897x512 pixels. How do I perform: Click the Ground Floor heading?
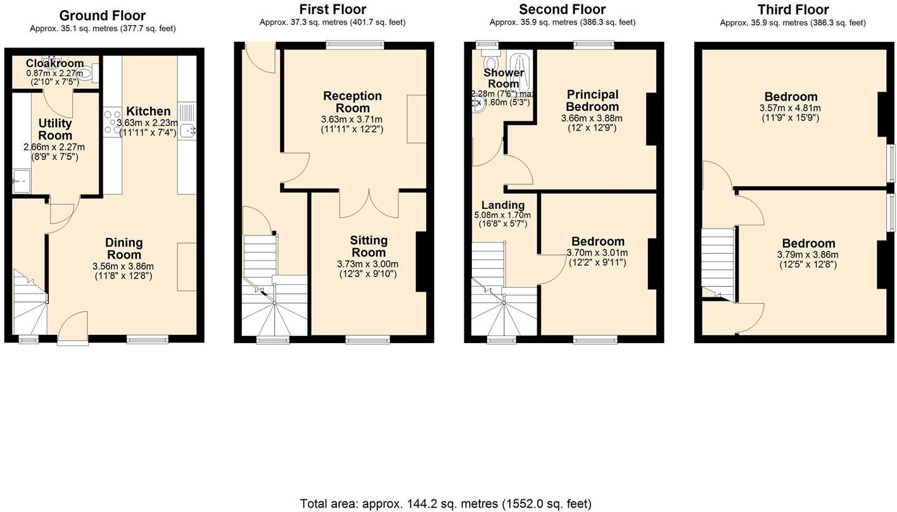coord(102,16)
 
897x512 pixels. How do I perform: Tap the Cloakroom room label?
coord(54,63)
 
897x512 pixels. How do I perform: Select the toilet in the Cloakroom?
coord(89,75)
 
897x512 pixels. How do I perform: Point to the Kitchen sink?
coord(187,130)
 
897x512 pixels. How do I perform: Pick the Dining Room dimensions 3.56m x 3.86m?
coord(124,266)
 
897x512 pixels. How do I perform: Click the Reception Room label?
coord(352,102)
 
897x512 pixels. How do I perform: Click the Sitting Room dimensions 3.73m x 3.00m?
coord(367,264)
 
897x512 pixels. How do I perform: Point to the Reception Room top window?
coord(355,44)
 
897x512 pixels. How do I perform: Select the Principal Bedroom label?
coord(592,101)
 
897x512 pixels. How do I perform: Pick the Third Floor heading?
coord(792,9)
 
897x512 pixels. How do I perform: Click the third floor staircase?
coord(717,263)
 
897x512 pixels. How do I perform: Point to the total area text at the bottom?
coord(445,504)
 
